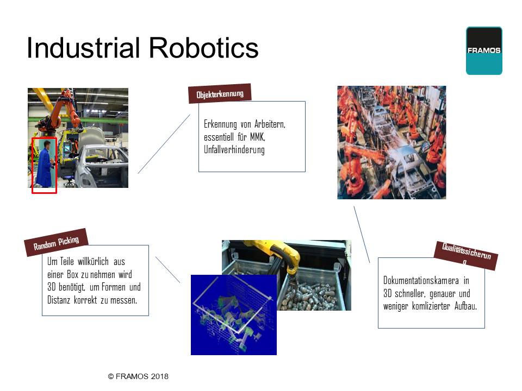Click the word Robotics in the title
click(203, 48)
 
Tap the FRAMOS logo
click(484, 51)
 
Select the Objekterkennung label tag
click(220, 94)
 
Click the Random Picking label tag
click(56, 243)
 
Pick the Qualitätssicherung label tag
click(466, 255)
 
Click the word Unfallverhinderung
click(234, 150)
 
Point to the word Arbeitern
click(270, 124)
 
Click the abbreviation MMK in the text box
click(258, 137)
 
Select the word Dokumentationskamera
click(421, 281)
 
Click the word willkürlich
click(93, 262)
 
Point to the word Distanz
click(59, 300)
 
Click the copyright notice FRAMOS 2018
click(138, 376)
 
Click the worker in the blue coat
click(45, 163)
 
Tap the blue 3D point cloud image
click(234, 315)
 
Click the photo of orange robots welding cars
click(391, 143)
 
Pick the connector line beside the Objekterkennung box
click(164, 144)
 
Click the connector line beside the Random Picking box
click(168, 270)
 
